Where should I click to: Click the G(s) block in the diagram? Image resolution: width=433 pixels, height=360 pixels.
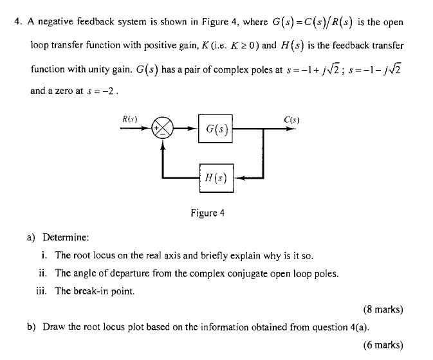pyautogui.click(x=216, y=129)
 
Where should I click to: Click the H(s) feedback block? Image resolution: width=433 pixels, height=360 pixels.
pyautogui.click(x=216, y=177)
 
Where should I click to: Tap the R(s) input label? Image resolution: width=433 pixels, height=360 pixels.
pyautogui.click(x=131, y=118)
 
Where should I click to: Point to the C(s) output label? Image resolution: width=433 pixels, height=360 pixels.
pyautogui.click(x=291, y=118)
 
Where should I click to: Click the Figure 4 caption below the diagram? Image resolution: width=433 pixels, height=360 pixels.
pyautogui.click(x=207, y=213)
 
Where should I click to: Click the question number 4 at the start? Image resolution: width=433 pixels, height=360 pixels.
pyautogui.click(x=19, y=22)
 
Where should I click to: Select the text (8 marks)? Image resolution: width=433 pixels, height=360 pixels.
pyautogui.click(x=383, y=309)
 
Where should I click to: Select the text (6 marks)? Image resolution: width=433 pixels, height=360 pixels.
pyautogui.click(x=383, y=345)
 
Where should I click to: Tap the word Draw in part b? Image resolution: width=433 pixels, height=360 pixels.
pyautogui.click(x=54, y=327)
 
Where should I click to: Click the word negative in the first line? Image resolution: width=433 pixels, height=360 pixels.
pyautogui.click(x=59, y=22)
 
